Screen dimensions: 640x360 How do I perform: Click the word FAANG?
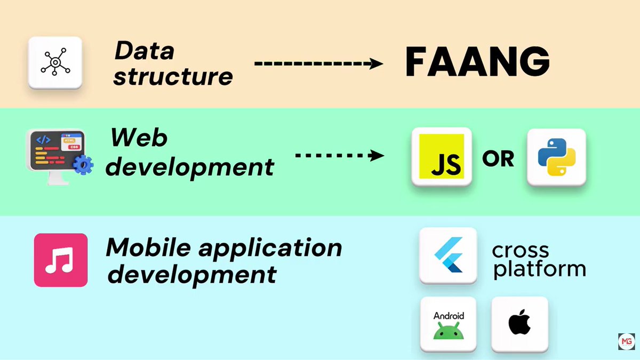tap(477, 62)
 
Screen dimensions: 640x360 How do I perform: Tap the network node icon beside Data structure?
tap(55, 62)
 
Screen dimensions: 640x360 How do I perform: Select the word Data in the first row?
tap(145, 51)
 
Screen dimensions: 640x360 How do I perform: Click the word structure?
tap(173, 77)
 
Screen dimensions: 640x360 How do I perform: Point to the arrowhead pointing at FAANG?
tap(376, 63)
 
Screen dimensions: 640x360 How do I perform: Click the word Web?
tap(139, 138)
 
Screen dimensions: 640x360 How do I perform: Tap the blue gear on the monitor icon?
tap(83, 165)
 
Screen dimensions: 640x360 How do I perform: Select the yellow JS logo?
tap(442, 156)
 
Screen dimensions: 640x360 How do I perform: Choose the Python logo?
tap(557, 157)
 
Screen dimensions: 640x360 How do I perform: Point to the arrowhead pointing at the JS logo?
tap(377, 155)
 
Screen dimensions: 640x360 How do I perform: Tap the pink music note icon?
tap(61, 260)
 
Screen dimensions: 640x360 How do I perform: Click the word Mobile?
tap(148, 247)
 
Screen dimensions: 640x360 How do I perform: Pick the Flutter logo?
tap(449, 255)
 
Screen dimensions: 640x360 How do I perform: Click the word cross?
tap(521, 251)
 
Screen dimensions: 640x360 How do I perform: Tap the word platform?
tap(539, 269)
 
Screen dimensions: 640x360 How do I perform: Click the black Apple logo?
tap(519, 322)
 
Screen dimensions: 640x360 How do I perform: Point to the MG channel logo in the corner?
tap(626, 341)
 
